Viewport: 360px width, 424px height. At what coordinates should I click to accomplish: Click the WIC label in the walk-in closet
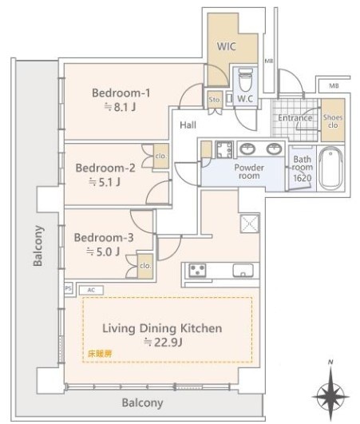tap(227, 46)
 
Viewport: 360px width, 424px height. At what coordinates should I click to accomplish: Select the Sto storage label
tap(213, 100)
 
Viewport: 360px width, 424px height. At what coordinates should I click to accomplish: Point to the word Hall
tap(188, 125)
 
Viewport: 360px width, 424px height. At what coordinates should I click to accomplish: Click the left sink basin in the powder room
tap(247, 149)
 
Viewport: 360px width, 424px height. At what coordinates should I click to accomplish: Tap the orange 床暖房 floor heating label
tap(100, 351)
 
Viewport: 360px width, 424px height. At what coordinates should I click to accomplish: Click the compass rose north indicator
tap(329, 394)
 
